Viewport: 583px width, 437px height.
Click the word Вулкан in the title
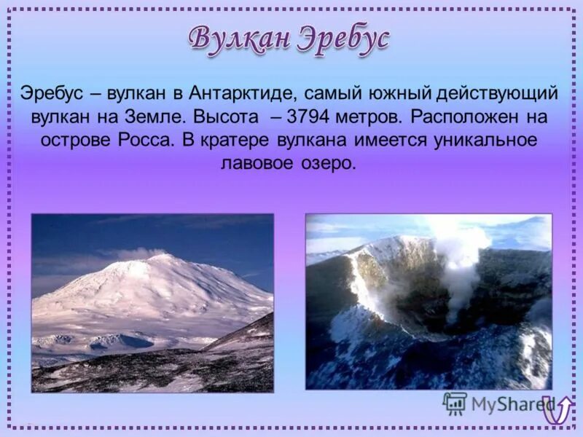pos(239,38)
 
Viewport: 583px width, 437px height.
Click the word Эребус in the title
pos(343,38)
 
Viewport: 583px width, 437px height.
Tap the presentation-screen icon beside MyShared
pos(455,403)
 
